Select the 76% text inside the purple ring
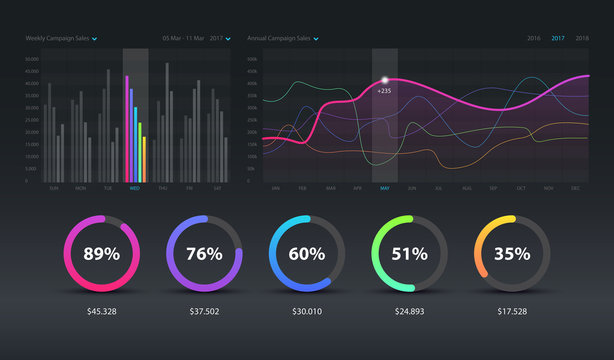tap(203, 253)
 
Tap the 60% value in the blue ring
tap(307, 253)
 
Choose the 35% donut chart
tap(511, 253)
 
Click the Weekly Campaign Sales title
tap(58, 38)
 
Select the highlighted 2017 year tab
tap(557, 38)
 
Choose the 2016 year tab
tap(533, 38)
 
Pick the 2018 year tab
tap(582, 38)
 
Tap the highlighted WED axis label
tap(135, 188)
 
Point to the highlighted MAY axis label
tap(385, 188)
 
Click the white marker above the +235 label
tap(384, 80)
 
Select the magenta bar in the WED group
tap(126, 128)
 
